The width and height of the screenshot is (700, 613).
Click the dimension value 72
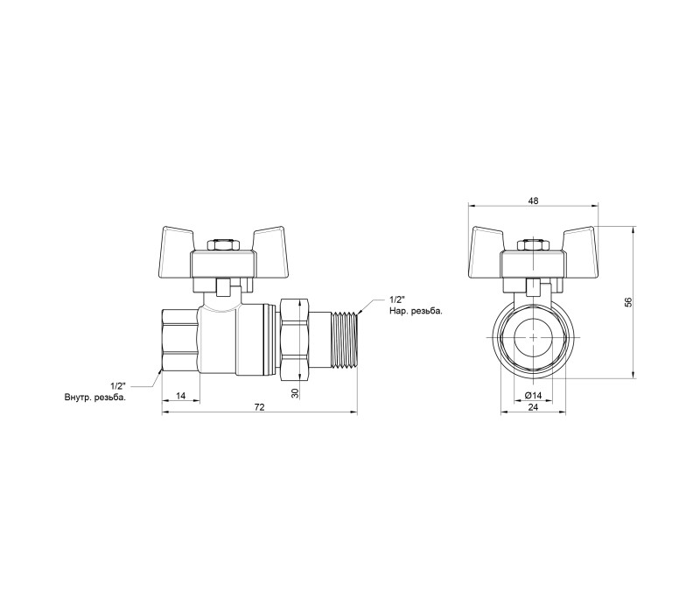click(x=259, y=407)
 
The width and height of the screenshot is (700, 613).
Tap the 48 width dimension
click(x=533, y=201)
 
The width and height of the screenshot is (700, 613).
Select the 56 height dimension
click(x=628, y=302)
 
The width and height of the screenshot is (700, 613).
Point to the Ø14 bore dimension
click(x=533, y=396)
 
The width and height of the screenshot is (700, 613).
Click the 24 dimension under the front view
click(x=533, y=407)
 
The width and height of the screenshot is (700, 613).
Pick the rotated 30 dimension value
click(x=295, y=393)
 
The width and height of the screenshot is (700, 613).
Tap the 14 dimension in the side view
click(x=180, y=396)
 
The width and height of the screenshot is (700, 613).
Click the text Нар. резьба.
click(x=416, y=311)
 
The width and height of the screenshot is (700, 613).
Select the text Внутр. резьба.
click(x=95, y=397)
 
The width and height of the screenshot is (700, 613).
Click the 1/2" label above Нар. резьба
click(x=397, y=299)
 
